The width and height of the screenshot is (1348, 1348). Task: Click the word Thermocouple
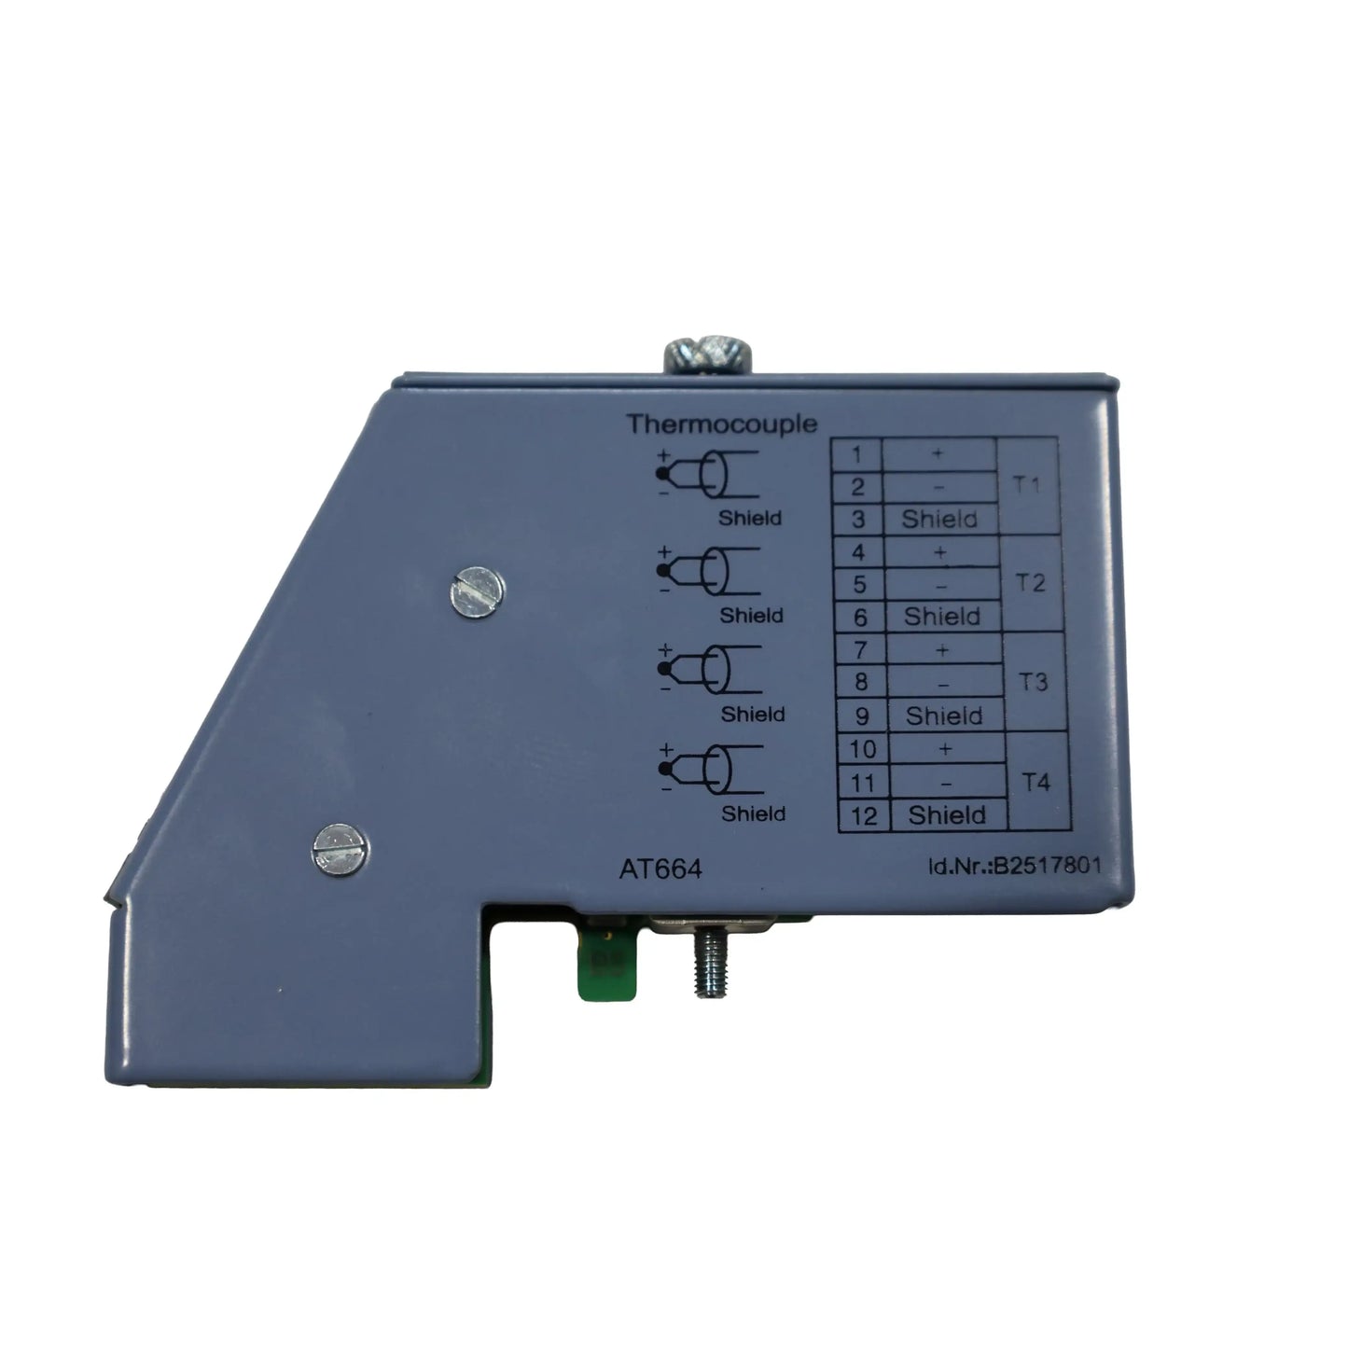(x=721, y=424)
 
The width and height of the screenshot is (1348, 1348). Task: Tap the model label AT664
(x=660, y=869)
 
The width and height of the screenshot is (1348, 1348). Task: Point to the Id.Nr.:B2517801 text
(x=1014, y=866)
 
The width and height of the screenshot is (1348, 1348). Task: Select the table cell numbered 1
(x=857, y=454)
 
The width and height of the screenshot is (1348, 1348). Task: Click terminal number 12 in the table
(x=863, y=816)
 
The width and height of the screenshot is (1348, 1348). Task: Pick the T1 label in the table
(x=1027, y=485)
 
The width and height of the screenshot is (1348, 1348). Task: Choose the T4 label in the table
(x=1035, y=782)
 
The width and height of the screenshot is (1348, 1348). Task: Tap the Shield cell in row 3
(x=939, y=519)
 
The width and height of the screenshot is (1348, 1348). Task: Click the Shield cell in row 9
(x=944, y=716)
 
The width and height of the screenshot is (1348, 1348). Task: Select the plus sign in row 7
(x=942, y=650)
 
